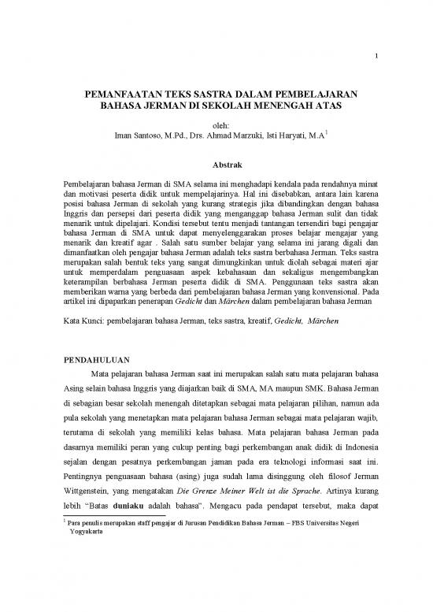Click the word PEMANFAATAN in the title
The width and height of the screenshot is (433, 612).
click(x=118, y=91)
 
